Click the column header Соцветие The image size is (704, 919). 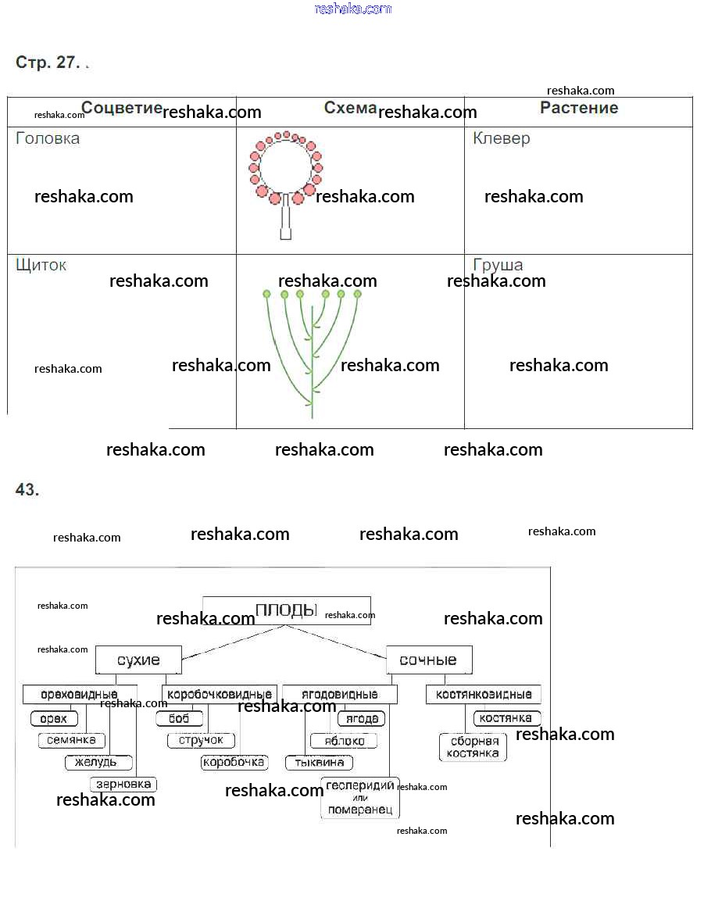click(122, 108)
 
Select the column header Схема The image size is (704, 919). click(350, 108)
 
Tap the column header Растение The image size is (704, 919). click(579, 108)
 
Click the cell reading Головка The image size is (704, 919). click(48, 138)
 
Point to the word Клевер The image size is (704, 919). click(502, 138)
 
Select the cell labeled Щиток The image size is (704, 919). click(41, 265)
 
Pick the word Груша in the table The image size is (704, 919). click(498, 265)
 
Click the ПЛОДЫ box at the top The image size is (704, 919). click(286, 610)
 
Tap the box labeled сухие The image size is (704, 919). click(138, 660)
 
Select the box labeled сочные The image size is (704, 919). click(428, 660)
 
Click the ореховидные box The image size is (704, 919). click(79, 694)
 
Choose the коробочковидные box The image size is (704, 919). click(220, 694)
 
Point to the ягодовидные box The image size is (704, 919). click(339, 694)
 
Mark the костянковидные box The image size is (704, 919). click(483, 694)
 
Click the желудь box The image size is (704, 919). click(98, 762)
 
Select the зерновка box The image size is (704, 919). click(123, 784)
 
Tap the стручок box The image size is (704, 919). click(201, 740)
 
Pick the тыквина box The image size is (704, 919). click(320, 762)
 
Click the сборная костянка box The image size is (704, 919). click(474, 747)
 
